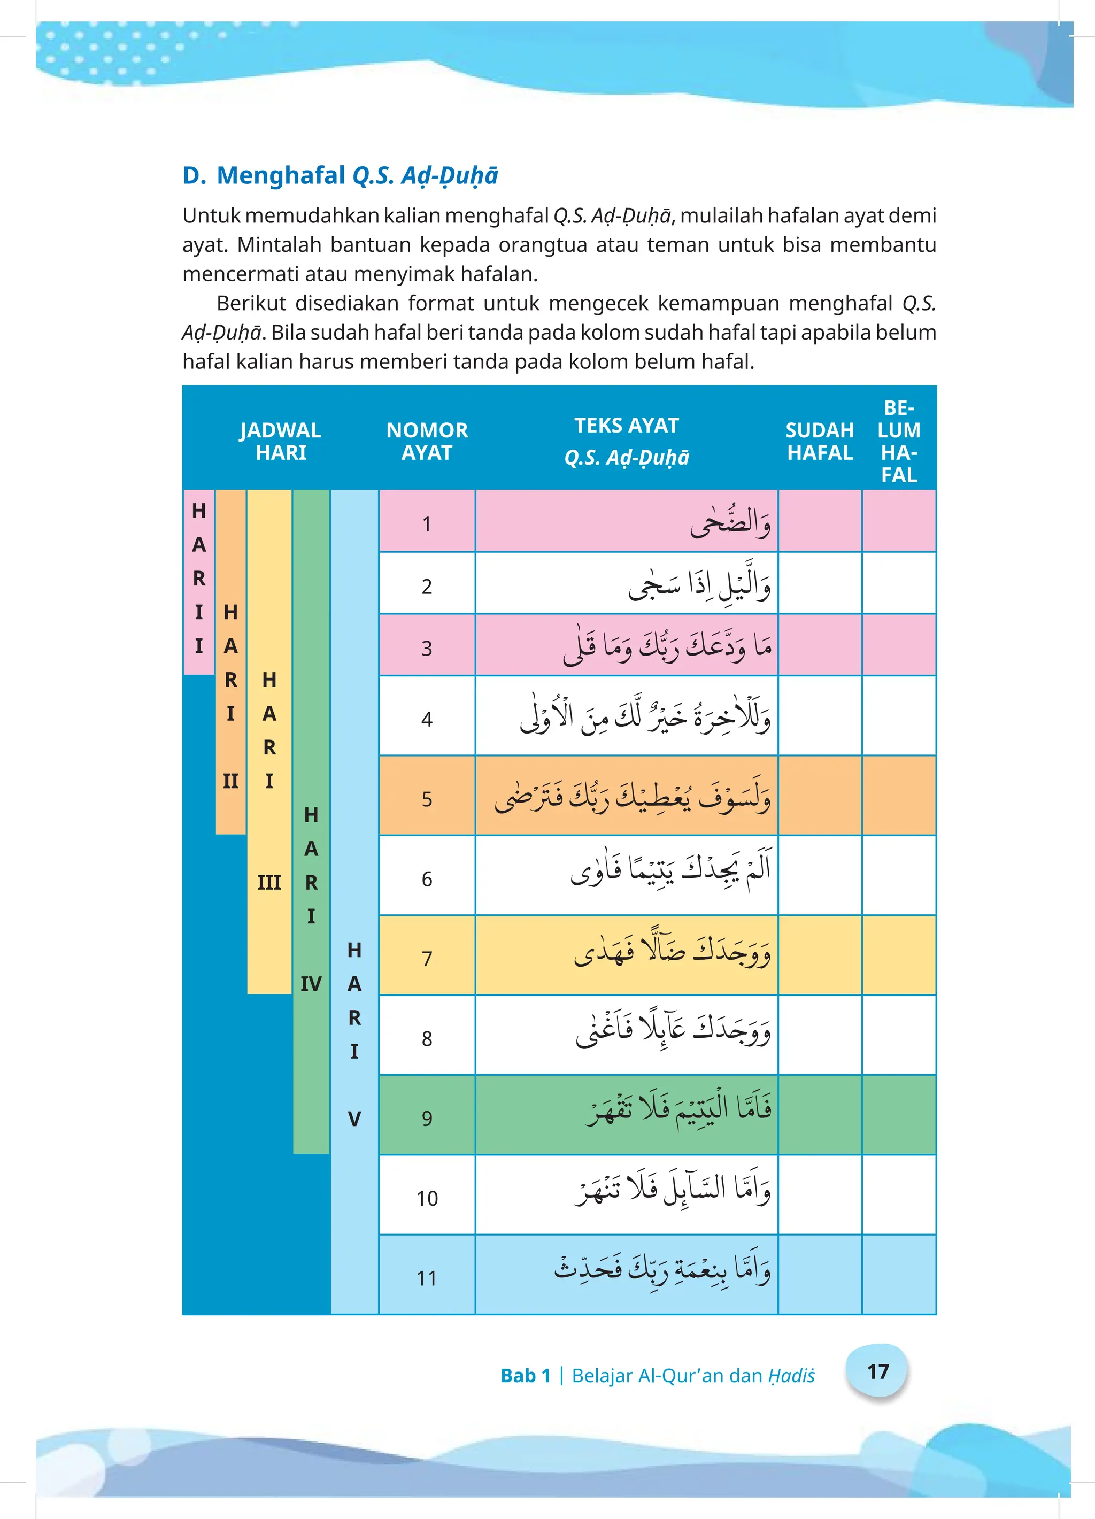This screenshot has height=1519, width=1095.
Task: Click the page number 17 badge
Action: (877, 1371)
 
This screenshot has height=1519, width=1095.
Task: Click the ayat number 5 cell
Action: (427, 798)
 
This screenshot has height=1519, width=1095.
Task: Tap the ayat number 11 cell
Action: (427, 1278)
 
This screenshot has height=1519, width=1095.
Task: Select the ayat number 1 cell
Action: (427, 524)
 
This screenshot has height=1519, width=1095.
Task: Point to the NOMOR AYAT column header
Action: (427, 441)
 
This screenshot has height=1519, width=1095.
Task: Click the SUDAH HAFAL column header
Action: (820, 441)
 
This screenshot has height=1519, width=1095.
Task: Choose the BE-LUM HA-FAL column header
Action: (899, 441)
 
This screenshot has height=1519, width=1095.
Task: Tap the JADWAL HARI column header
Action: (281, 441)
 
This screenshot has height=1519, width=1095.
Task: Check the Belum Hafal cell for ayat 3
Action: (899, 645)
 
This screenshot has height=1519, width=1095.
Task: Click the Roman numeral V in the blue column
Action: (354, 1119)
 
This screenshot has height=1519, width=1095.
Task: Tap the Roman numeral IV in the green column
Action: (311, 983)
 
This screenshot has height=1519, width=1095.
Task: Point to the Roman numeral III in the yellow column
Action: (269, 882)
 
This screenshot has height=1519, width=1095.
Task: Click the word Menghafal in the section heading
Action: (281, 175)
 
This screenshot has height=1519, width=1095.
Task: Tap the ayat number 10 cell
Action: (427, 1198)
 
